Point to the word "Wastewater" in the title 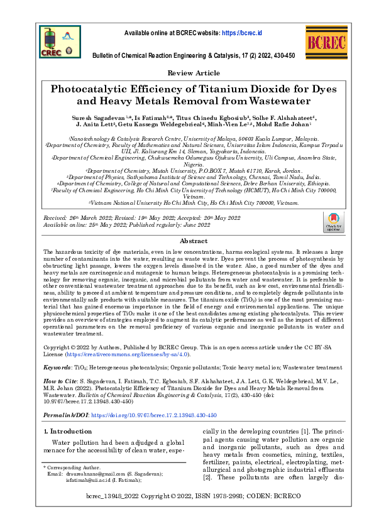280,101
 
